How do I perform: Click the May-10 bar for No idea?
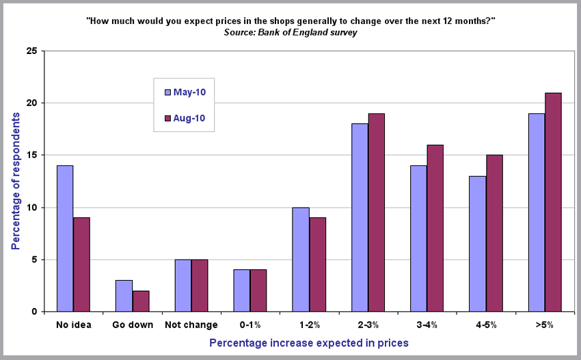pos(64,238)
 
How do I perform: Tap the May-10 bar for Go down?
pos(124,296)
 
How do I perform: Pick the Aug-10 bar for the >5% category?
pos(553,202)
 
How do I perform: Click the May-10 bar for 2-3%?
pos(360,217)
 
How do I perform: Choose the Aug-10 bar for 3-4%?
pos(435,228)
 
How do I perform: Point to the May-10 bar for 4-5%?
pos(477,244)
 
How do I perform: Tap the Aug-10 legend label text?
pos(189,118)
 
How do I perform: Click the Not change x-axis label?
pos(191,324)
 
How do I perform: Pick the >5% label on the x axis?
pos(545,324)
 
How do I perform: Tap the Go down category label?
pos(133,324)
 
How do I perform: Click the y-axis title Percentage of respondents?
pos(16,178)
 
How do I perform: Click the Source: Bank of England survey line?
pos(290,33)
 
